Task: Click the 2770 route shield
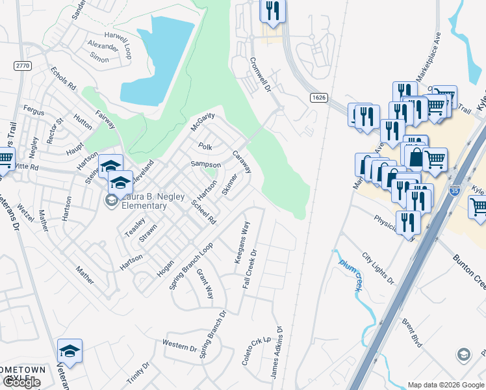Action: coord(23,65)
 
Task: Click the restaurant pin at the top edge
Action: coord(272,10)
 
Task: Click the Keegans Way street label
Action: coord(241,242)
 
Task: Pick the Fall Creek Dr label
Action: coord(251,270)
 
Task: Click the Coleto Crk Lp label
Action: coord(255,350)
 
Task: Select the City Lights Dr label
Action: coord(378,268)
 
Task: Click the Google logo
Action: coord(21,382)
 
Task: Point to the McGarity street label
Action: coord(202,122)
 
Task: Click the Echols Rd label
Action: coord(63,79)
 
